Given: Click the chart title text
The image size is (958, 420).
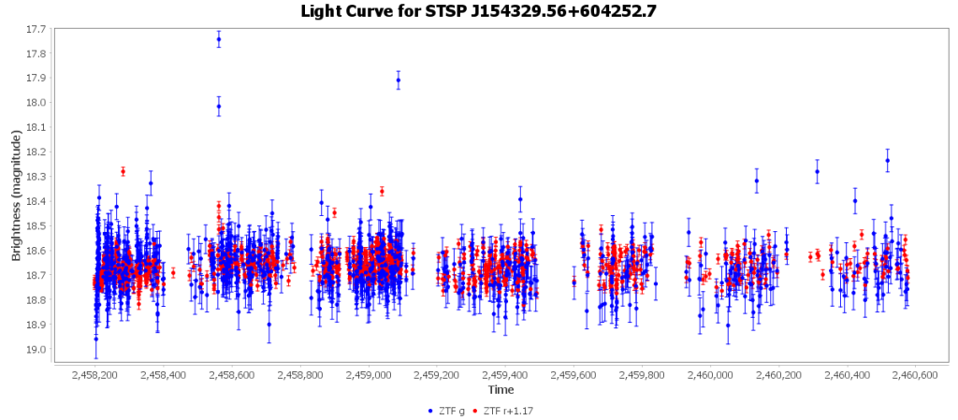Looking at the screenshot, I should pos(479,11).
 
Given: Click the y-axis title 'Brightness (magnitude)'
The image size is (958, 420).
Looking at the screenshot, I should pos(16,195).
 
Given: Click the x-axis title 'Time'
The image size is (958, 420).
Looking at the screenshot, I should pos(500,389).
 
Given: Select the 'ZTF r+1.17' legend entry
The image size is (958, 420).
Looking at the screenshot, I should pos(507,410).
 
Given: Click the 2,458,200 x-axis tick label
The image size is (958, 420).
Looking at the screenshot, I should pos(94,375).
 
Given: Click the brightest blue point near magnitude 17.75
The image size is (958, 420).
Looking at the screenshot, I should pos(219,39).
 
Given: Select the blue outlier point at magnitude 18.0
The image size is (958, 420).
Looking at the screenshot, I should pos(219,107).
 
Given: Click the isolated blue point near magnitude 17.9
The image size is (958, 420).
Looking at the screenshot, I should pos(399,80).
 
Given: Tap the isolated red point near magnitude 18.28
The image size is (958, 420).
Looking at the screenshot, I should pos(123,171).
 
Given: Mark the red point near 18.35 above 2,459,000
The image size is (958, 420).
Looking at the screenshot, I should pos(382,191).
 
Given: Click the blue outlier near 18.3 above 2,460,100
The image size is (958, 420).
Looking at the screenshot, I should pos(757,181).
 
